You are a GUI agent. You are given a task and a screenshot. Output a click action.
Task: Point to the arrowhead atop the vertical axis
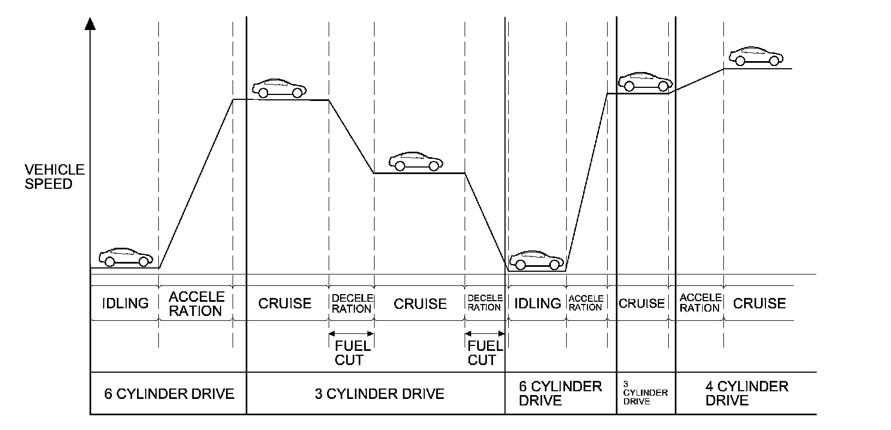point(91,23)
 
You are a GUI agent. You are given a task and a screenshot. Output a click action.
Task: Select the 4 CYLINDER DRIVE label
point(746,393)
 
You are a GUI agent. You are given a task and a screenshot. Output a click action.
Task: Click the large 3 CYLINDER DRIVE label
point(379,393)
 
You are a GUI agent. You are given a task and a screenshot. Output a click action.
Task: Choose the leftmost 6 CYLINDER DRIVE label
point(169,393)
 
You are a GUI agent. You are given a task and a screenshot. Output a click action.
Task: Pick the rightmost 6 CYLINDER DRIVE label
point(560,393)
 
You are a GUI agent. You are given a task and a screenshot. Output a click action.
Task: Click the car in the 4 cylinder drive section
point(756,56)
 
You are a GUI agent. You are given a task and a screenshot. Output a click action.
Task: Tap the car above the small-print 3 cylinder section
point(645,81)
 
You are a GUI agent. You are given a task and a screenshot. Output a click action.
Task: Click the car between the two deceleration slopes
point(416,160)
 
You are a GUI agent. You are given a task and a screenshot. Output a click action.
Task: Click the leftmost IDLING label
point(125,303)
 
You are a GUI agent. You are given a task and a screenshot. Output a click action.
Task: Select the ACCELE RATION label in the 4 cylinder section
point(700,303)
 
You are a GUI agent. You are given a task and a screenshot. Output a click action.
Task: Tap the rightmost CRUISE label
point(759,303)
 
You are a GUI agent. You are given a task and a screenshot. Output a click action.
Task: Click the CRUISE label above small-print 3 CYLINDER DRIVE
point(641,303)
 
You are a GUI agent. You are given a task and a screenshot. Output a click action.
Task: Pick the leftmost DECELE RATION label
point(352,303)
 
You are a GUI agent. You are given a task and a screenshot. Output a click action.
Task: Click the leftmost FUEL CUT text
point(352,353)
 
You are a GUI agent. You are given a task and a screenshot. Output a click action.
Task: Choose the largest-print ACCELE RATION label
point(196,303)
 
